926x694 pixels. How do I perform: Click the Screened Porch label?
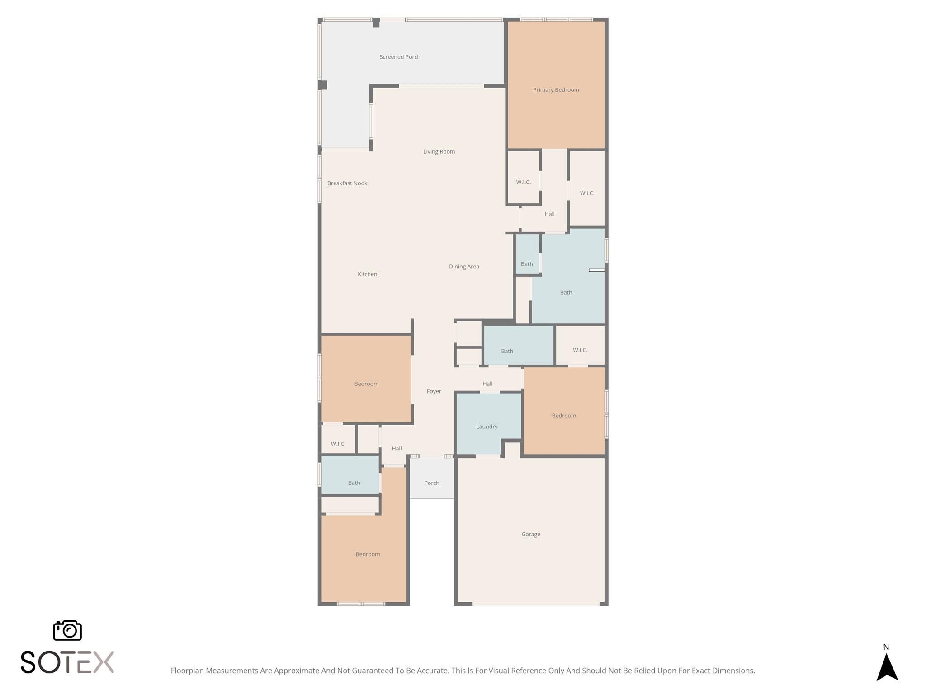(400, 57)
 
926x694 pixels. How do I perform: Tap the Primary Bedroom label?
(556, 90)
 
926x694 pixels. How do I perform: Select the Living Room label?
(439, 152)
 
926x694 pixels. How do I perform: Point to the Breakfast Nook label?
(347, 183)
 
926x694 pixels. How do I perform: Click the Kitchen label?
(367, 274)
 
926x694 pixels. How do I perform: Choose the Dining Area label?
(464, 267)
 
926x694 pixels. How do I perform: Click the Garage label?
(531, 534)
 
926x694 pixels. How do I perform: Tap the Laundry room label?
(487, 427)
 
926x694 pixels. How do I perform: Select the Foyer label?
(434, 391)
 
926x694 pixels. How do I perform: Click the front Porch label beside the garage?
(432, 483)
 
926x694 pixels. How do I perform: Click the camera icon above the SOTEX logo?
(67, 630)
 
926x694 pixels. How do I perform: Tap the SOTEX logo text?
(67, 662)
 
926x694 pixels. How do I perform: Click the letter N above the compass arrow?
(886, 647)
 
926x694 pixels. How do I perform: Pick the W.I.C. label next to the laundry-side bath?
(580, 350)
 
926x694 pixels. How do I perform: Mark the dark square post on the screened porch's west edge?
(322, 85)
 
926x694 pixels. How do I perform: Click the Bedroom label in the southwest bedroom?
(368, 554)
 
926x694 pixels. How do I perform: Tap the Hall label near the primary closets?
(549, 214)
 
